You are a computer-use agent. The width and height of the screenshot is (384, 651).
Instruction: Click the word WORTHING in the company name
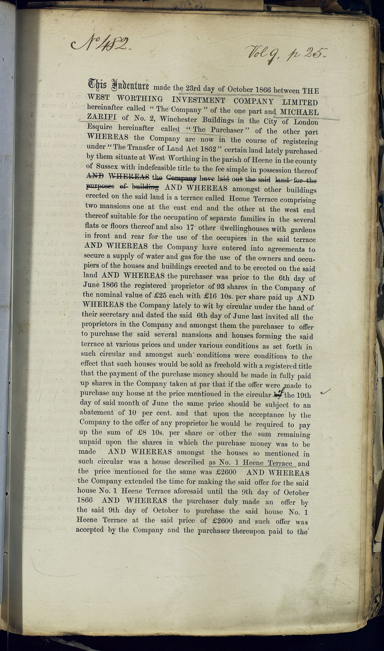point(140,99)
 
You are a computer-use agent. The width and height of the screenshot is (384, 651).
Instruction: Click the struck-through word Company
point(181,178)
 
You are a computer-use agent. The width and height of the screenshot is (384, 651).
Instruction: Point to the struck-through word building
point(146,186)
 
